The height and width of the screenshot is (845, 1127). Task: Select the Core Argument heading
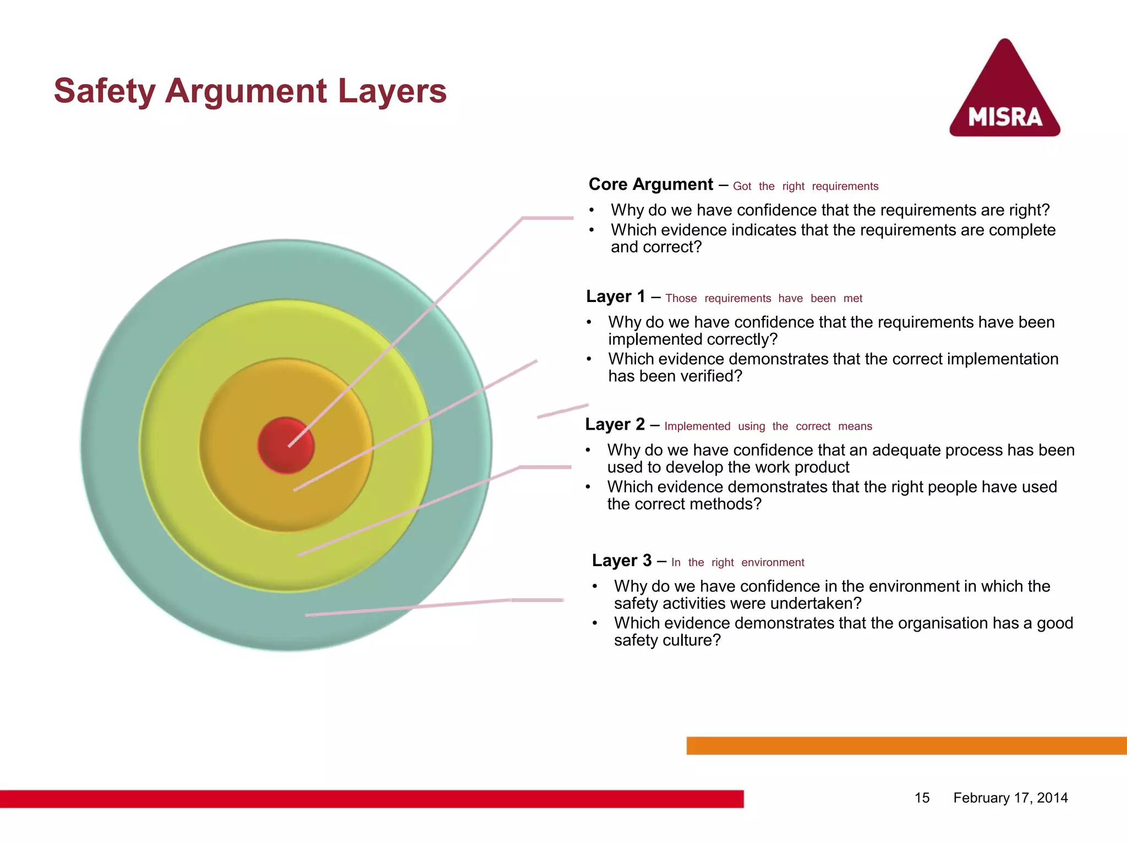pos(650,184)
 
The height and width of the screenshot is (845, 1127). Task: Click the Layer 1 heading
pos(615,297)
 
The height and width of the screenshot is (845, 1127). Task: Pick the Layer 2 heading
pos(615,425)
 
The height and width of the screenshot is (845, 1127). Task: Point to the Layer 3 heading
pos(621,561)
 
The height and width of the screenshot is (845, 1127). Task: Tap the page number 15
pos(922,798)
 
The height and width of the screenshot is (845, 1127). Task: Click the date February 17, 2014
pos(1010,798)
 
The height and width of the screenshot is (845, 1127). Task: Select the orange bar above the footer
pos(906,746)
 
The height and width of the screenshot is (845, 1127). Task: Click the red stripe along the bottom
pos(371,799)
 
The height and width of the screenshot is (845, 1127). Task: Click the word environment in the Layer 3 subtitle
pos(773,563)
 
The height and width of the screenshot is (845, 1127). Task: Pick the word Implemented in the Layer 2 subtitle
pos(697,426)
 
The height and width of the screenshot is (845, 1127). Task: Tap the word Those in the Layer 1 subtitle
pos(681,299)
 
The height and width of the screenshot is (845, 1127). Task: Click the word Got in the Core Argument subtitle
pos(742,186)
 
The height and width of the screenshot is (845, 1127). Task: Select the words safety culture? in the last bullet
pos(667,640)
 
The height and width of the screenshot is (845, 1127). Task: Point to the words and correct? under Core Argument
pos(656,247)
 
